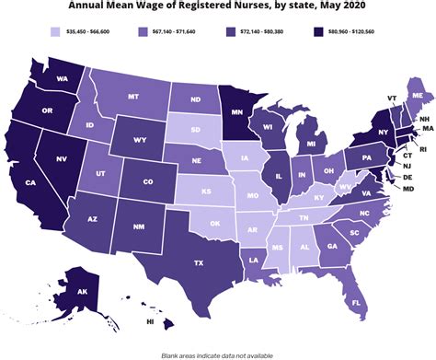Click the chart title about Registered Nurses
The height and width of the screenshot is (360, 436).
pyautogui.click(x=218, y=7)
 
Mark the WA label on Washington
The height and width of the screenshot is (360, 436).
pyautogui.click(x=65, y=77)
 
